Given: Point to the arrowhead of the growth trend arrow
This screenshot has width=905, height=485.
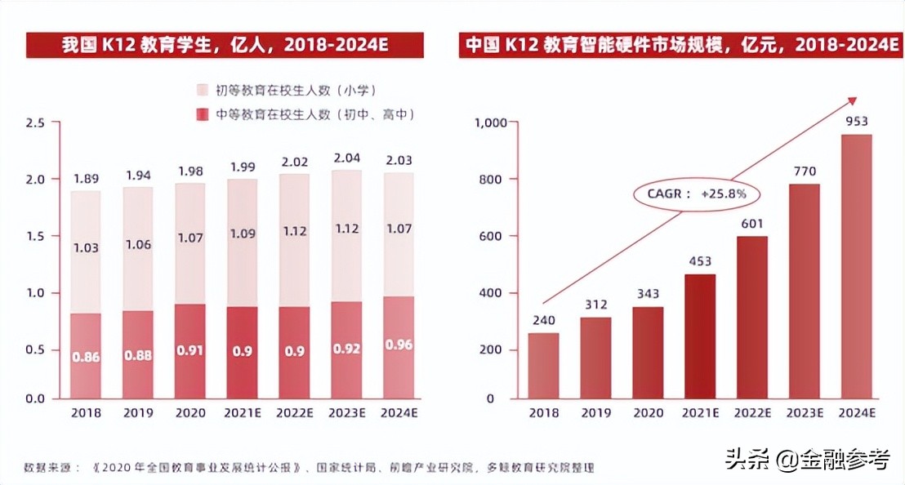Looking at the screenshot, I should tap(852, 100).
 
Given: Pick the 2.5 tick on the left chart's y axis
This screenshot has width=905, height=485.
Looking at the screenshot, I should tap(35, 122).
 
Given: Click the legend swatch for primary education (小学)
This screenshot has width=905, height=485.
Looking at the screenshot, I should tap(203, 89).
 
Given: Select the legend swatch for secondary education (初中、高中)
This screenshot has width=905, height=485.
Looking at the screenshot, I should tap(203, 115).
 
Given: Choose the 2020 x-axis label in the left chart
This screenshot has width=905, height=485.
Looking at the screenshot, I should tap(190, 413).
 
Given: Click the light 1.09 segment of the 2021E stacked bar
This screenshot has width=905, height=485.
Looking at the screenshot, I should tap(243, 242).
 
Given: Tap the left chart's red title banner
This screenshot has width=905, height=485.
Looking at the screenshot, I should tap(225, 46).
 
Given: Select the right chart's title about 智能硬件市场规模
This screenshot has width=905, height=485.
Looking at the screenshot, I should tap(683, 46).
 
